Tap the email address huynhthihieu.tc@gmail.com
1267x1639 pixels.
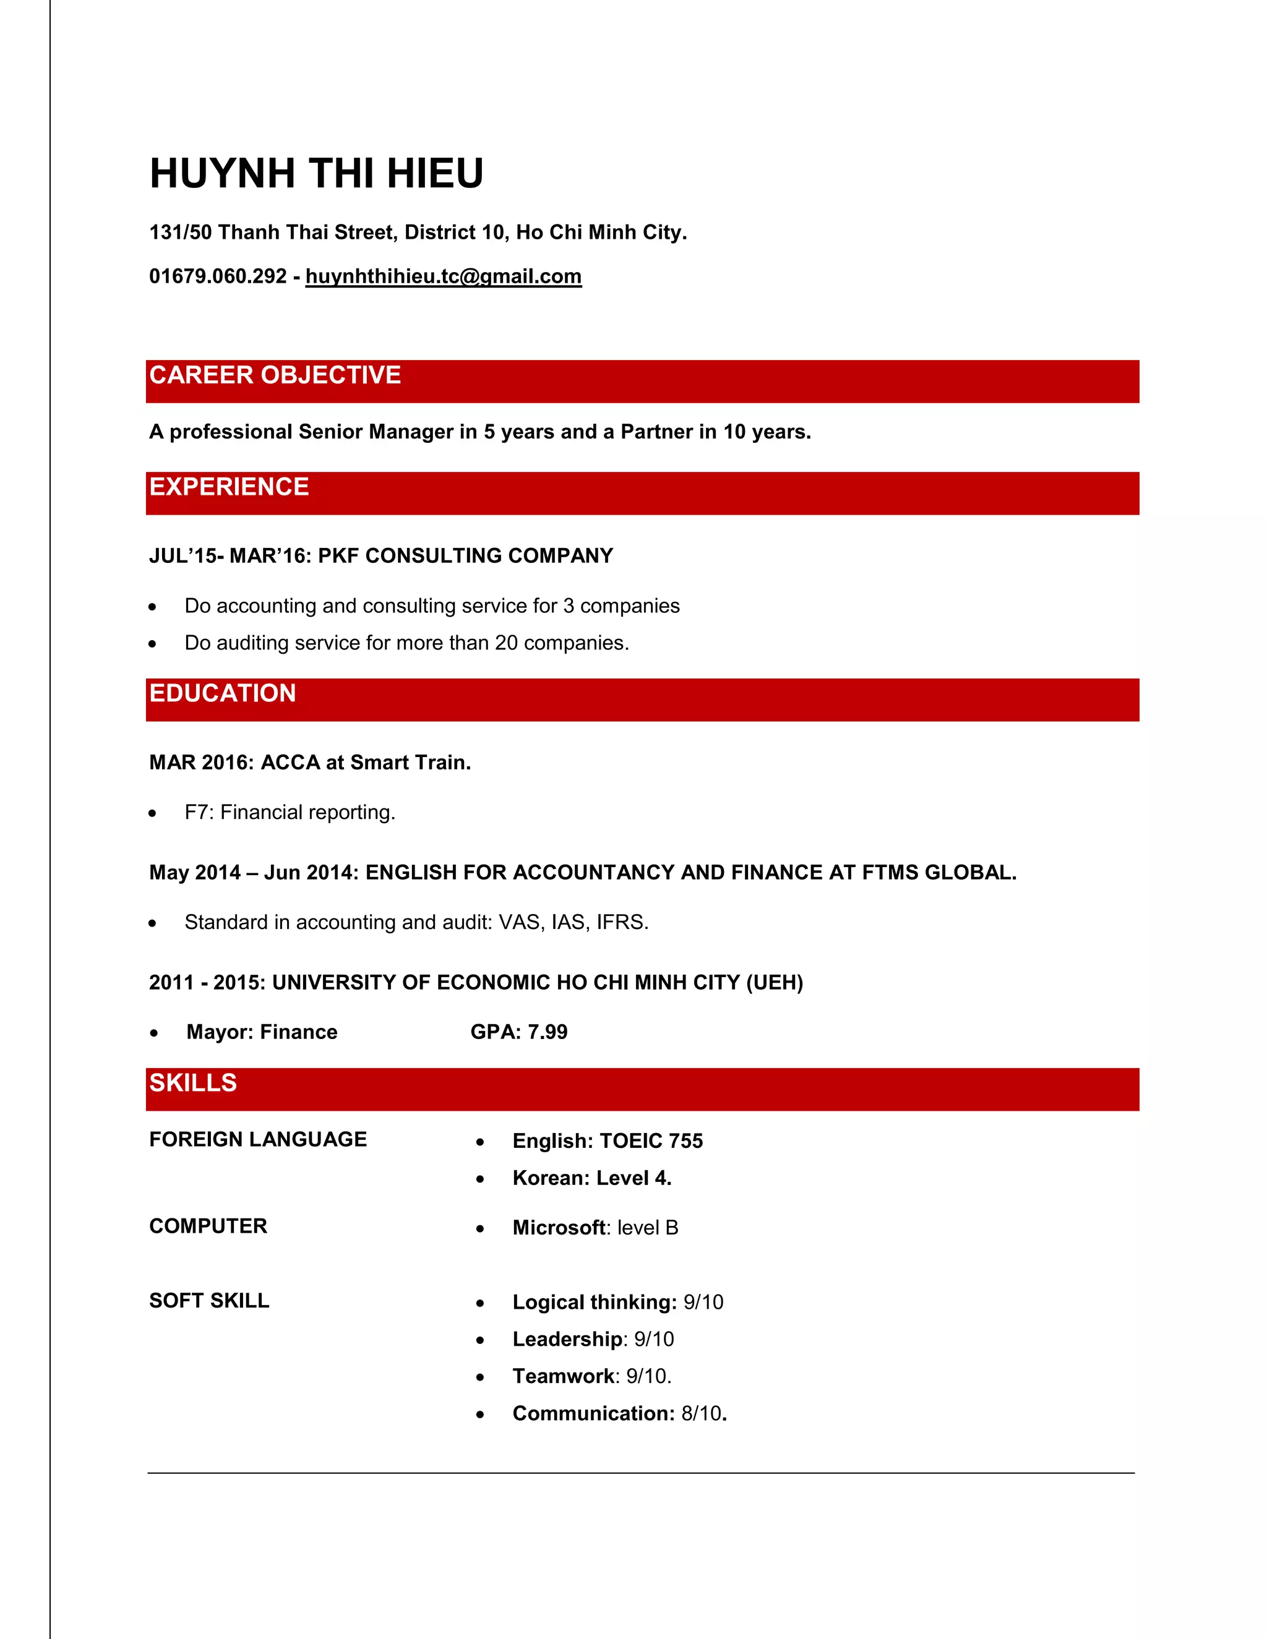point(443,276)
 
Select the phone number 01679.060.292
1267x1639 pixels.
point(218,276)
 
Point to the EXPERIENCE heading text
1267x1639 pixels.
point(229,486)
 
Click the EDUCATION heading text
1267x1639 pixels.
point(222,693)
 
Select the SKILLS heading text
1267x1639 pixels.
point(193,1082)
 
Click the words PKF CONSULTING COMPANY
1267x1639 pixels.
point(465,555)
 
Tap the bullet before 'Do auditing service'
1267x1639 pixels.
point(152,643)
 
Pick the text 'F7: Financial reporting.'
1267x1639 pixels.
point(290,812)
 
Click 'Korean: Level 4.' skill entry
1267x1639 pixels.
point(591,1178)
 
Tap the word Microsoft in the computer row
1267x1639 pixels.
point(559,1228)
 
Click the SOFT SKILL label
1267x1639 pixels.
point(208,1301)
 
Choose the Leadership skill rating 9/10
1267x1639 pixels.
point(654,1339)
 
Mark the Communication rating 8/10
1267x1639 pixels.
point(701,1413)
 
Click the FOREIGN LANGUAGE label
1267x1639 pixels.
point(257,1139)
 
